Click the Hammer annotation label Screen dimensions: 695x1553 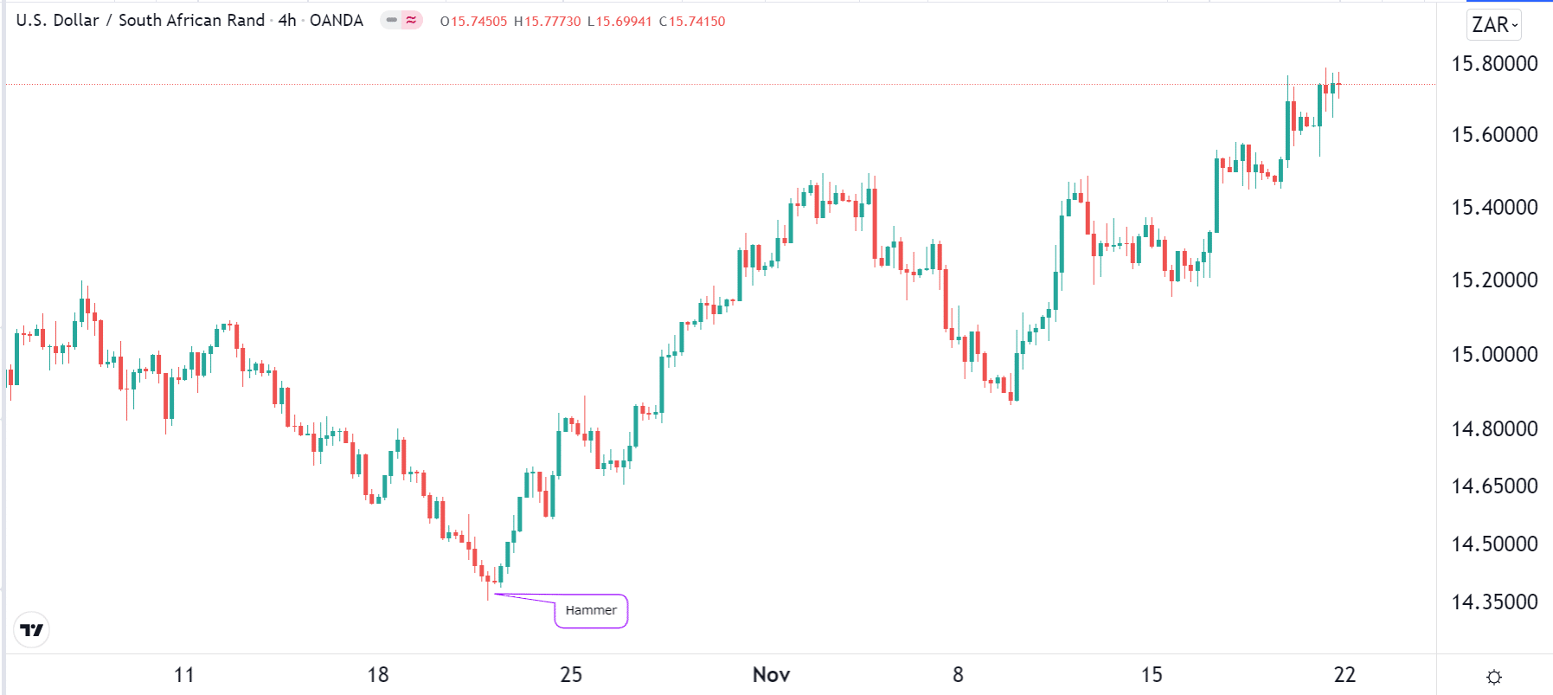tap(591, 610)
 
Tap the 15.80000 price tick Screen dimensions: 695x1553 tap(1494, 63)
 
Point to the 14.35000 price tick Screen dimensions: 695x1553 tap(1494, 602)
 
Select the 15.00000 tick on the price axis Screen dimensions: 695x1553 tap(1494, 354)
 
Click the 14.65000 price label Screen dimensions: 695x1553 tap(1494, 486)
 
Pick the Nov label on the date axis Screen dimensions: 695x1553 tap(771, 674)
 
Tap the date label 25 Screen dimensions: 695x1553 tap(571, 674)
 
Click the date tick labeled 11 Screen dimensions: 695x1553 tap(184, 674)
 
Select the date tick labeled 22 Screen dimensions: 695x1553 tap(1344, 674)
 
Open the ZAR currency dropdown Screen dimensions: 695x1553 tap(1494, 25)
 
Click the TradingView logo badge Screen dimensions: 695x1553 tap(32, 630)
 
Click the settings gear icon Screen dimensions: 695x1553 tap(1494, 677)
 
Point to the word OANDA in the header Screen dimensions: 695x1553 tap(337, 21)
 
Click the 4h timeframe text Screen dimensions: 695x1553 tap(287, 21)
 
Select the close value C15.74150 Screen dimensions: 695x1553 tap(692, 22)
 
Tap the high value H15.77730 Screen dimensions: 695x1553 tap(548, 22)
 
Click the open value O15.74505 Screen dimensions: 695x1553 tap(473, 22)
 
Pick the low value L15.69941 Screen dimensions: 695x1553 tap(619, 22)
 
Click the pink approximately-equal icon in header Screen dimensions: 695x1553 tap(411, 20)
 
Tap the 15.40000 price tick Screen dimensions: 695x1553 tap(1494, 207)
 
